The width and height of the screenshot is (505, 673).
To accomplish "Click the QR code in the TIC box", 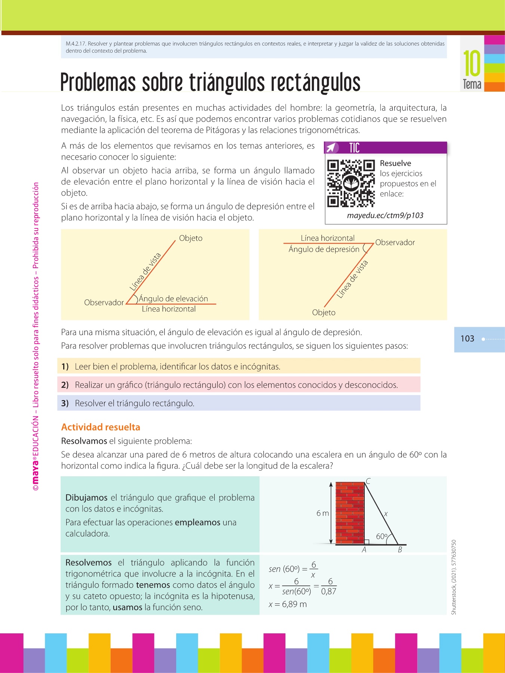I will (351, 183).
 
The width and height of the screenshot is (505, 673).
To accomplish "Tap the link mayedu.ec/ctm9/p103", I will (385, 215).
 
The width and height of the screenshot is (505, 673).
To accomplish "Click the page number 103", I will (467, 339).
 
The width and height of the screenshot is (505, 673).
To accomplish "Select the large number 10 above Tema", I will (472, 64).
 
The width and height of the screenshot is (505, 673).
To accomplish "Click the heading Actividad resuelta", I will (101, 427).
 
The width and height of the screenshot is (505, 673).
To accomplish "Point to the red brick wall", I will (350, 513).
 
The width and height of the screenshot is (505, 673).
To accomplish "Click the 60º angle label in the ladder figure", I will (382, 537).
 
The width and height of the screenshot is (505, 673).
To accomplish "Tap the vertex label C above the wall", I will (368, 481).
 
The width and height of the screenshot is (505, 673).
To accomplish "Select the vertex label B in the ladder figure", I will (400, 550).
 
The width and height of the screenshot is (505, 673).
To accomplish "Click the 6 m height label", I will (322, 513).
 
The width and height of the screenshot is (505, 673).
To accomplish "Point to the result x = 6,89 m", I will (288, 604).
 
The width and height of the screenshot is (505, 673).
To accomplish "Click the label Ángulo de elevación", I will (173, 299).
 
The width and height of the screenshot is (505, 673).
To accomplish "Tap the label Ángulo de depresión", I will (324, 249).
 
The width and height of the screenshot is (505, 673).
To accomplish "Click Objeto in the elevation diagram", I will (191, 238).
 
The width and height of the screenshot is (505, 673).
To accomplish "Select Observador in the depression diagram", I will (395, 243).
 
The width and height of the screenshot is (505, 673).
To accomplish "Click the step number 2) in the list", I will (65, 385).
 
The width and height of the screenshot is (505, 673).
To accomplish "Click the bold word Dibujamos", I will (86, 498).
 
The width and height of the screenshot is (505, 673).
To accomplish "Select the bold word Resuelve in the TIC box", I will (395, 163).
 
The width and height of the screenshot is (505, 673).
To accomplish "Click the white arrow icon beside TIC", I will (331, 148).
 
